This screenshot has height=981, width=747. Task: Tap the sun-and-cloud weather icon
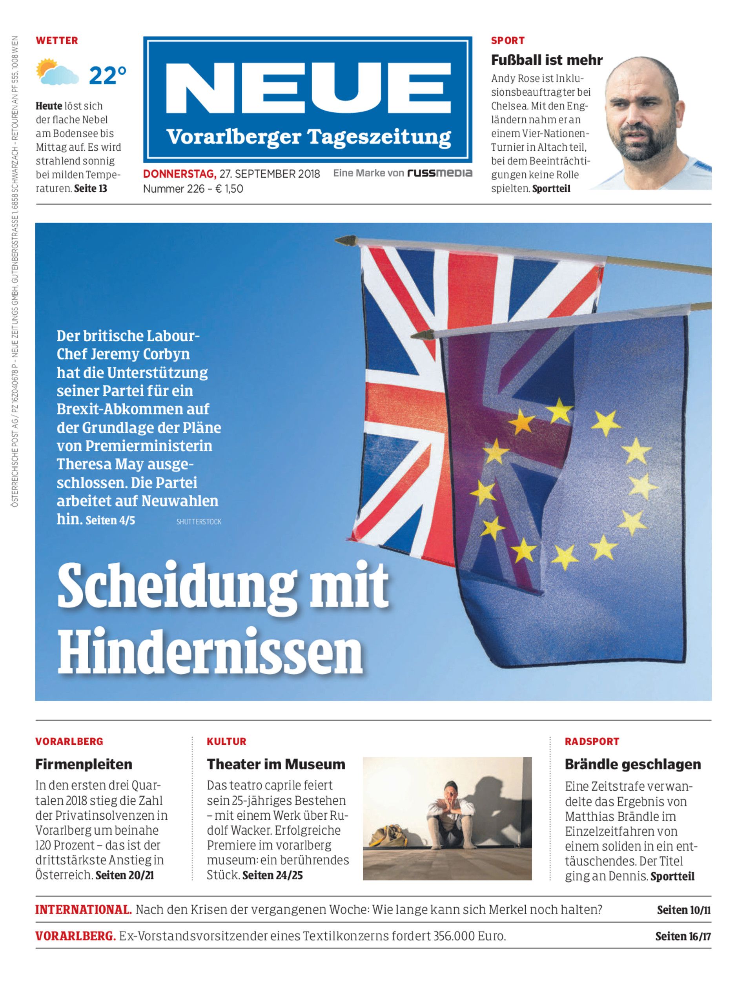(56, 73)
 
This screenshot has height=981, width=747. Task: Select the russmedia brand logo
(439, 173)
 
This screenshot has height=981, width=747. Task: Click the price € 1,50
(230, 189)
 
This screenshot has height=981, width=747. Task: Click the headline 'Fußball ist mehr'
(547, 60)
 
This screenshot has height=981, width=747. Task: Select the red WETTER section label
(57, 40)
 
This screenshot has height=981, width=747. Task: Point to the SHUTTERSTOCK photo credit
(199, 521)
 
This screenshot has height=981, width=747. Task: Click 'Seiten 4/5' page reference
(110, 520)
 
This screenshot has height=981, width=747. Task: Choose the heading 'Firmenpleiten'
(84, 764)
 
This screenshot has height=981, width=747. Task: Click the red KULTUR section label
(226, 741)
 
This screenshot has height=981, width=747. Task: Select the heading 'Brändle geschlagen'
(633, 764)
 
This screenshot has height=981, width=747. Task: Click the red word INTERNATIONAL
(83, 910)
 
